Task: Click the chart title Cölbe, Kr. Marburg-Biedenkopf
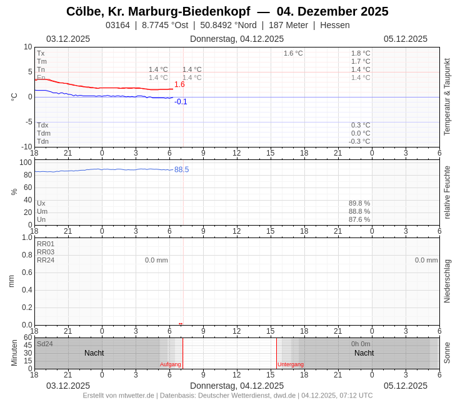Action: click(158, 11)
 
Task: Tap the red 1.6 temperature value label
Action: click(179, 84)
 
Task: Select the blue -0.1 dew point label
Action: click(181, 102)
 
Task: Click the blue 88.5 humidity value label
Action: click(181, 169)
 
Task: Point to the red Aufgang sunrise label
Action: click(170, 364)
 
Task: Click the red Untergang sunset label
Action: click(291, 364)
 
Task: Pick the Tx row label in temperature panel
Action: click(41, 53)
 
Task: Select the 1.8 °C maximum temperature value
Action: click(360, 53)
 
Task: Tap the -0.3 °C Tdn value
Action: click(359, 141)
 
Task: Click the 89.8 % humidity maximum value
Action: click(359, 203)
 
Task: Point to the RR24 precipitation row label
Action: click(46, 260)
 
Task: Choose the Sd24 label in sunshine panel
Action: click(45, 344)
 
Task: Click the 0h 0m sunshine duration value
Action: click(361, 344)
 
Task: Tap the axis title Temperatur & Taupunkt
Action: click(447, 97)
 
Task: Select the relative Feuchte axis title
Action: click(447, 192)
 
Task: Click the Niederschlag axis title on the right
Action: click(447, 281)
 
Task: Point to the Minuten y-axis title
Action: click(14, 353)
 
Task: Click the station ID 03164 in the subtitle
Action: click(117, 25)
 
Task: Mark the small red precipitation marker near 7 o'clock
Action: click(181, 324)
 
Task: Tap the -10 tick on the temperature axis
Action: click(27, 147)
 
